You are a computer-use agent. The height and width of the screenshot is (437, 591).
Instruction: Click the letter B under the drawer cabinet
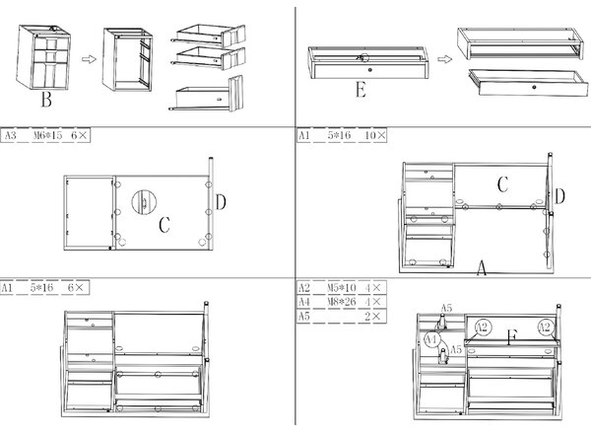(46, 100)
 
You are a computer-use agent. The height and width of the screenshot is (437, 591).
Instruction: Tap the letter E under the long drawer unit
(361, 91)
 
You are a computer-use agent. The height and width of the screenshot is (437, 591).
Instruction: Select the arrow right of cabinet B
(90, 59)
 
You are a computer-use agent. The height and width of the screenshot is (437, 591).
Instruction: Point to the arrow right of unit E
(445, 59)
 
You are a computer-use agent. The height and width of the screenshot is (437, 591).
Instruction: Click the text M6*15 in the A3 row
(47, 135)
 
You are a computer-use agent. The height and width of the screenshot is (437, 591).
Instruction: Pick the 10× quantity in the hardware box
(375, 135)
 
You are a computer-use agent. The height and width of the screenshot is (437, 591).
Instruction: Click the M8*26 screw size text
(342, 302)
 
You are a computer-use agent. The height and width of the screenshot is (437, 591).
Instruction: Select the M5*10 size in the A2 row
(342, 288)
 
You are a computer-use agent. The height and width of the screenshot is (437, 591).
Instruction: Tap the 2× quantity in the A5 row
(373, 316)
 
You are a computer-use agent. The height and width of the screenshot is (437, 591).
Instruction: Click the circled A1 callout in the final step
(431, 339)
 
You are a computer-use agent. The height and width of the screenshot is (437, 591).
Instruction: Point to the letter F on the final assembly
(512, 336)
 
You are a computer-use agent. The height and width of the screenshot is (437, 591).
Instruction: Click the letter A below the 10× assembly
(482, 268)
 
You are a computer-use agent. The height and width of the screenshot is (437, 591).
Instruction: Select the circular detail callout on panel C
(144, 202)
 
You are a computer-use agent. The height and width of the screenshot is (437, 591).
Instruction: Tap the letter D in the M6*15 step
(221, 202)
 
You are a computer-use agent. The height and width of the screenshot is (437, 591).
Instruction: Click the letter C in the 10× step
(502, 184)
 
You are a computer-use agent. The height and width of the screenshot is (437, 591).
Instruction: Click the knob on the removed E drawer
(534, 87)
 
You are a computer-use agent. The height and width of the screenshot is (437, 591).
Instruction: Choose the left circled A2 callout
(482, 327)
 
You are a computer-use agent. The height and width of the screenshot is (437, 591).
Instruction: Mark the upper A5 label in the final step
(446, 309)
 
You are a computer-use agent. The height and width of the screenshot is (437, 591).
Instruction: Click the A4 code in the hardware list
(303, 302)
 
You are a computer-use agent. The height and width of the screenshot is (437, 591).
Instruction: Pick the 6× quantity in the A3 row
(80, 135)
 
